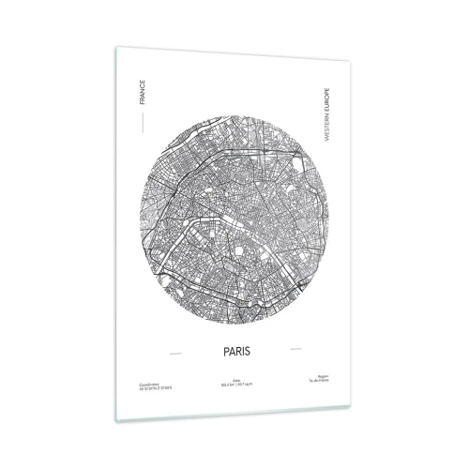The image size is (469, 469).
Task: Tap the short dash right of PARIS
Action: [296, 350]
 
